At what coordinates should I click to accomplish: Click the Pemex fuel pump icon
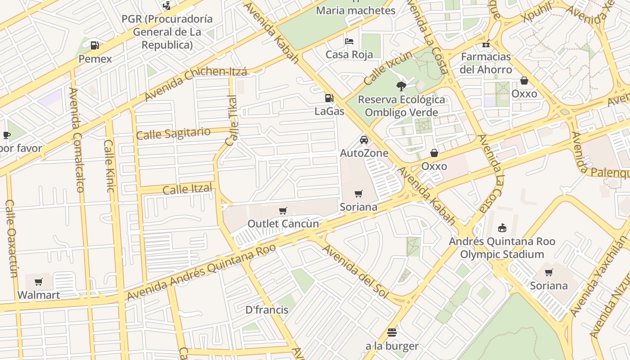(94, 45)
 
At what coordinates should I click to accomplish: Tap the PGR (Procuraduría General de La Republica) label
(167, 32)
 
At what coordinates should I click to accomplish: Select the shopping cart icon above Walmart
(39, 282)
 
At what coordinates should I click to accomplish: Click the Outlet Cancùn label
(283, 224)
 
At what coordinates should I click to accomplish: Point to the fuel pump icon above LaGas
(329, 98)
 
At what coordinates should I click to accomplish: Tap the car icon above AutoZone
(364, 140)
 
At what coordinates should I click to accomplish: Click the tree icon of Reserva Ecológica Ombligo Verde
(401, 86)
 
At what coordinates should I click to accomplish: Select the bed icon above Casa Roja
(349, 41)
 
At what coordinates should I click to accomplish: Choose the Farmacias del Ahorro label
(486, 63)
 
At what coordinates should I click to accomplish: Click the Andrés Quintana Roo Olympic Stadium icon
(502, 228)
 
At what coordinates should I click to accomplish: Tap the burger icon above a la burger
(391, 333)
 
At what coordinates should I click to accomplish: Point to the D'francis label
(267, 310)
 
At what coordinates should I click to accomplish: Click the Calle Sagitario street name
(173, 133)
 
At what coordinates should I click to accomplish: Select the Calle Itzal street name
(187, 189)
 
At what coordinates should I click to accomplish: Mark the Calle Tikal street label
(232, 121)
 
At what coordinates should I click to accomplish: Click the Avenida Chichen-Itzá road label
(196, 84)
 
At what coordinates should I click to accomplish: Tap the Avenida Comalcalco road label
(76, 139)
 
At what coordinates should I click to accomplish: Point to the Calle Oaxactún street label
(11, 238)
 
